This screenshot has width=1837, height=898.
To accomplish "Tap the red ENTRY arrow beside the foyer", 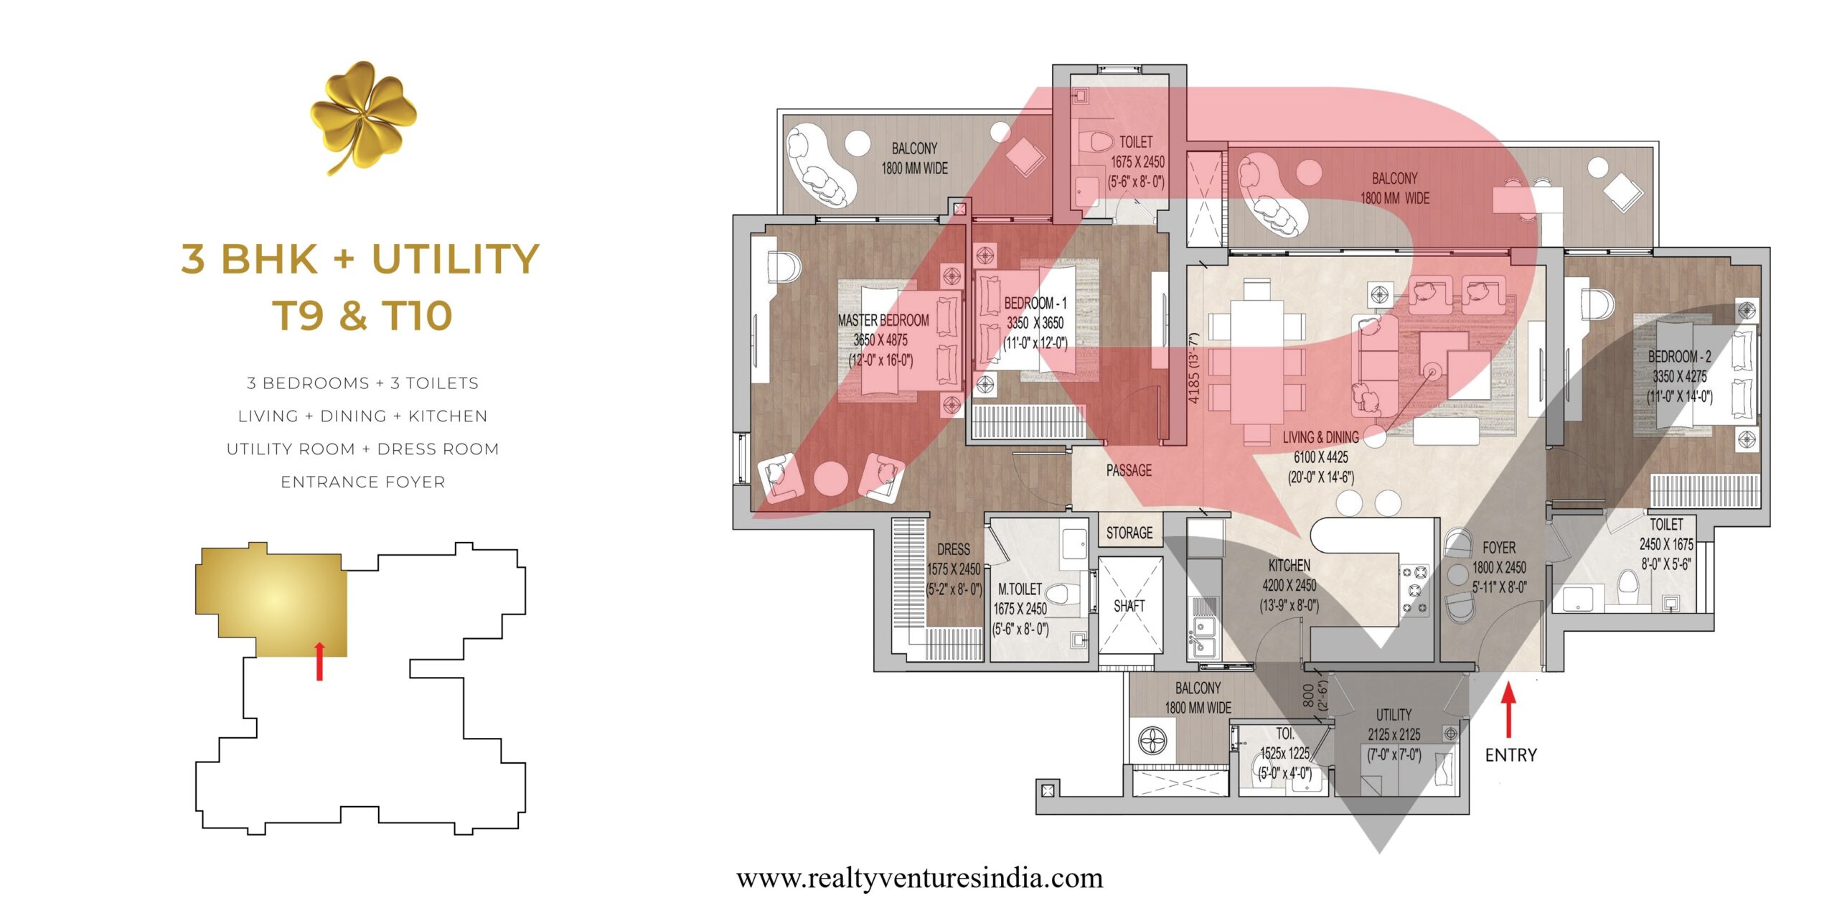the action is pos(1509,710).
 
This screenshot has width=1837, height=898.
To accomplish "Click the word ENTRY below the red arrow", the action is pos(1511,755).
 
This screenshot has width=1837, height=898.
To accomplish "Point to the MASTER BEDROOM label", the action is pos(883,320).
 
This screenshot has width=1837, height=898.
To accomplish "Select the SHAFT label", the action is pos(1129,606).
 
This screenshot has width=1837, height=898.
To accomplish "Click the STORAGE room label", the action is pos(1129,533).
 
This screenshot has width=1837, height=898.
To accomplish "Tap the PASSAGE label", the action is pos(1129,470).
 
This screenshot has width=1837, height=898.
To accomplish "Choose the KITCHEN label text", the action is pos(1289,566).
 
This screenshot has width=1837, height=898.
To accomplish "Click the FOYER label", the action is pos(1499,548).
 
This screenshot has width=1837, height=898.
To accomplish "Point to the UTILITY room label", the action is pos(1394,715).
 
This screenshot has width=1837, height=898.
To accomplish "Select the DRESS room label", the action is pos(954,549).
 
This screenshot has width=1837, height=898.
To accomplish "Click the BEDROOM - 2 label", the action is pos(1679,356).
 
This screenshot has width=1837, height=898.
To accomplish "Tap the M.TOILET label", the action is pos(1020,589).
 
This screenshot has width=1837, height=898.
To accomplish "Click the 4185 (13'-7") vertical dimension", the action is pos(1193,368).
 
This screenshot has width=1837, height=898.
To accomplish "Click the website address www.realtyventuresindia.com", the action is pos(919,878).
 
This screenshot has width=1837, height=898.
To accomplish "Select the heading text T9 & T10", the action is pos(362,315).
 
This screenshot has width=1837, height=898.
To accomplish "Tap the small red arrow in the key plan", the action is pos(320,661).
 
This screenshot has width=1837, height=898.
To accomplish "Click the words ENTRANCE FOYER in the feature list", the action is pos(363,482).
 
